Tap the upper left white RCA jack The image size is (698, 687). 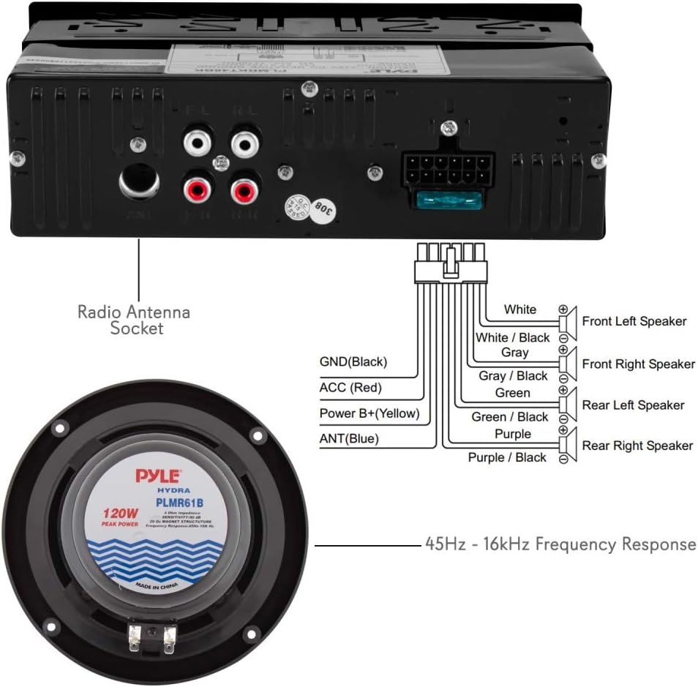[x=198, y=141]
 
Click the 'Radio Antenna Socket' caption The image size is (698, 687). [x=134, y=320]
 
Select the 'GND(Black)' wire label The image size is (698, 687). [x=353, y=361]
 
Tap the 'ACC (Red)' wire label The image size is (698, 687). [x=350, y=388]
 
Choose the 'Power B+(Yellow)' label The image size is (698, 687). [x=369, y=413]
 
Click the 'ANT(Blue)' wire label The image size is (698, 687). [x=348, y=439]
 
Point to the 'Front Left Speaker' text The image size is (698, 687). [x=634, y=321]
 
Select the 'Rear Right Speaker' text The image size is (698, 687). [x=637, y=446]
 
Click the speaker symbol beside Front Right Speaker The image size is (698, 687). [x=568, y=364]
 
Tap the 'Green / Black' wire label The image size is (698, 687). [x=511, y=417]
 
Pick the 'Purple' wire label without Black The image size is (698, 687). [x=513, y=434]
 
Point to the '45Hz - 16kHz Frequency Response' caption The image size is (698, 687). [x=560, y=544]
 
